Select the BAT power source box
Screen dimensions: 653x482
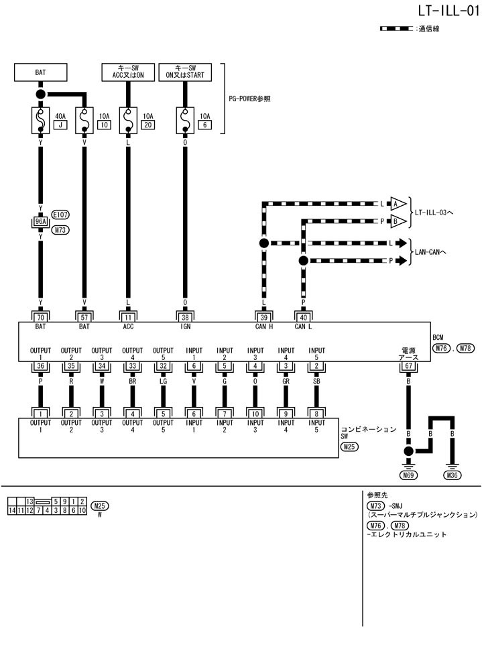pyautogui.click(x=41, y=72)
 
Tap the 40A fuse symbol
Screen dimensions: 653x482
pyautogui.click(x=41, y=121)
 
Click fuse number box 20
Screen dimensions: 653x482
pyautogui.click(x=148, y=125)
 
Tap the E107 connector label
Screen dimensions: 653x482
pyautogui.click(x=60, y=215)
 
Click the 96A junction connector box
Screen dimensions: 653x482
pyautogui.click(x=41, y=222)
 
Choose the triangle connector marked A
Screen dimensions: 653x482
pyautogui.click(x=398, y=204)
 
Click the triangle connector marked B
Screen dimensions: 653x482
pyautogui.click(x=398, y=220)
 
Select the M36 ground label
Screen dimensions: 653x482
pyautogui.click(x=453, y=475)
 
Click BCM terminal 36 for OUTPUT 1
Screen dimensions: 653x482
pyautogui.click(x=41, y=366)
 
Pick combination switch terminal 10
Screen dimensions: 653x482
pyautogui.click(x=255, y=414)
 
